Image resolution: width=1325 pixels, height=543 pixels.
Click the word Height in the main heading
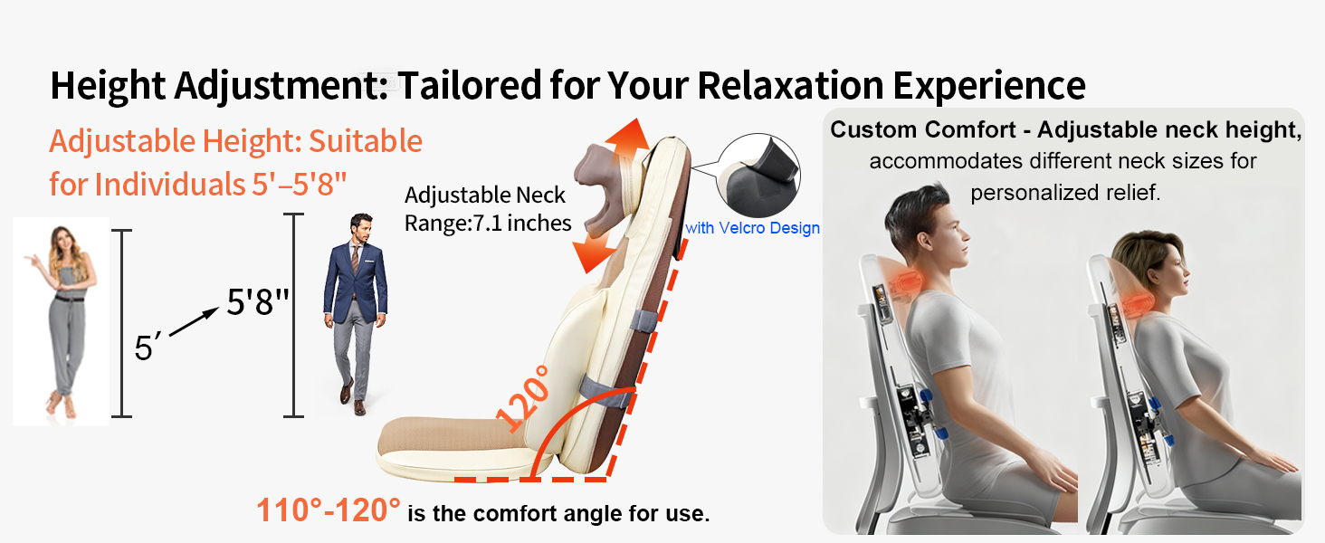tap(108, 86)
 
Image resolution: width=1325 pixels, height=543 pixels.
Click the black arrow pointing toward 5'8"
tap(194, 323)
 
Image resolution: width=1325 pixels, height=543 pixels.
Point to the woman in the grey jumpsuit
tap(62, 321)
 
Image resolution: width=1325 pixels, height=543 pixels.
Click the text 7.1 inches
tap(524, 223)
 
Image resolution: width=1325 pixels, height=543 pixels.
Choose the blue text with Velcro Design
tap(752, 228)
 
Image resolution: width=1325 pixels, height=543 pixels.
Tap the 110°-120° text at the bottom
tap(328, 511)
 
